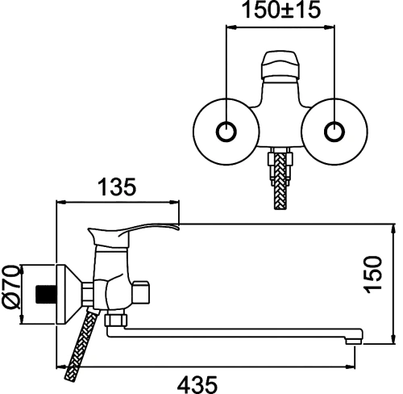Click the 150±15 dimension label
pos(281,10)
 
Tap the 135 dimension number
pos(117,187)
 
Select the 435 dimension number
pos(197,384)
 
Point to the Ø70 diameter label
pos(11,287)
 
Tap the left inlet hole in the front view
pos(226,132)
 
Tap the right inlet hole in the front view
pos(334,132)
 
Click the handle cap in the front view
pos(280,64)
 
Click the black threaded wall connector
pos(46,294)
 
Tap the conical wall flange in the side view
pos(69,295)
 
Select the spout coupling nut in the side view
pos(116,320)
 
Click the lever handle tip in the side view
pos(176,227)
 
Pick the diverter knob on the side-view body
pos(140,292)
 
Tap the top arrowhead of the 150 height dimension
pos(394,229)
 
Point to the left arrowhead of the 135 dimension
pos(61,202)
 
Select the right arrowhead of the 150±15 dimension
pos(330,27)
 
